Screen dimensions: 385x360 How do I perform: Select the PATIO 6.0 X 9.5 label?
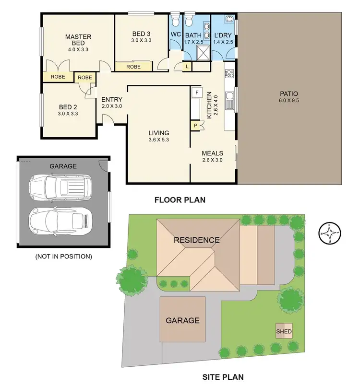pos(289,97)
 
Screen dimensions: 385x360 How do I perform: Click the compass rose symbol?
pos(331,234)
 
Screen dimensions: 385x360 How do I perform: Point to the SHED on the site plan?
pos(284,331)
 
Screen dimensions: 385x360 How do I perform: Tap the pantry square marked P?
pos(195,126)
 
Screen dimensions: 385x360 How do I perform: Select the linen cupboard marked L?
pos(186,67)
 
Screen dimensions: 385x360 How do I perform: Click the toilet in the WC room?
pos(175,22)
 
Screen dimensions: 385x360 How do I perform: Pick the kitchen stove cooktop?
pos(229,74)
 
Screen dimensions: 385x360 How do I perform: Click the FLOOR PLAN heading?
pos(180,200)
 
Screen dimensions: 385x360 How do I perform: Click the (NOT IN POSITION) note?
pos(63,257)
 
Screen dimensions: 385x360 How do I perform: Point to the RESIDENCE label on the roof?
pos(197,240)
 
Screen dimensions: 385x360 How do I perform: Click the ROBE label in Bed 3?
pos(133,67)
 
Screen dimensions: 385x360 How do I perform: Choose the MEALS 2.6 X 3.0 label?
pos(212,157)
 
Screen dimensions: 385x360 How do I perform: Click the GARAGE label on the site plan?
pos(182,320)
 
